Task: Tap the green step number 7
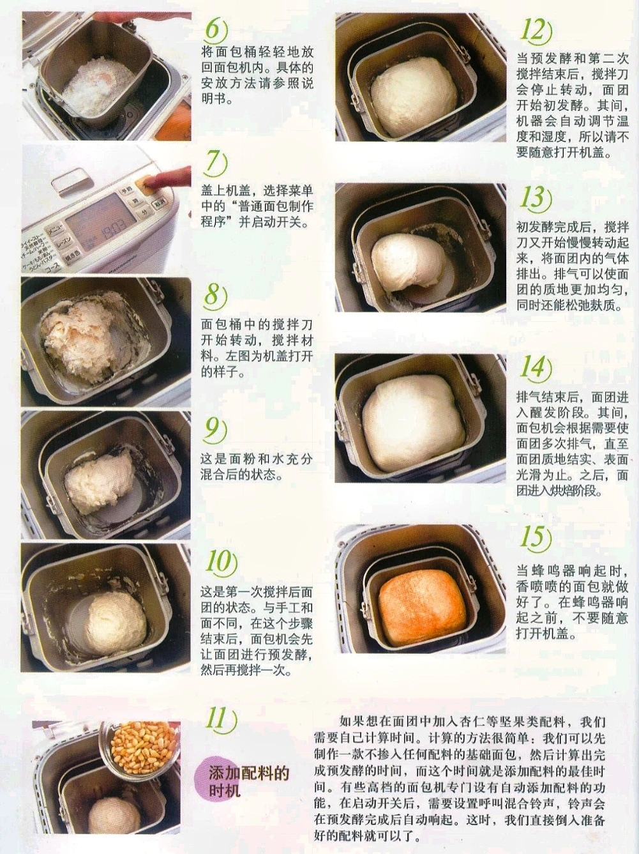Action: pyautogui.click(x=215, y=162)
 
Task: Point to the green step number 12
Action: pyautogui.click(x=536, y=29)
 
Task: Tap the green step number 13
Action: pyautogui.click(x=535, y=197)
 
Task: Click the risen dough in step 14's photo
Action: pyautogui.click(x=413, y=423)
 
